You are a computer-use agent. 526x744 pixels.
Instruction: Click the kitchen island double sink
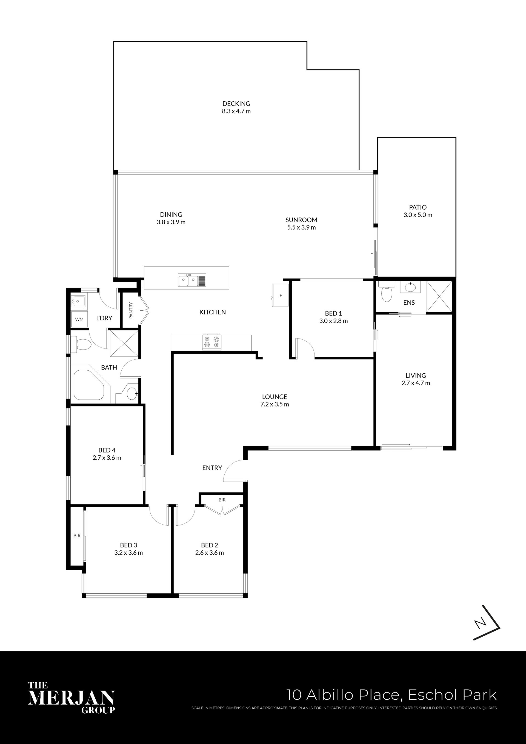tap(192, 280)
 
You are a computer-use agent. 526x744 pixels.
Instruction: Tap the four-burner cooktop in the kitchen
tap(211, 342)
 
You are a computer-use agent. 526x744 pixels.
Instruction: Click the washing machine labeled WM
tap(79, 319)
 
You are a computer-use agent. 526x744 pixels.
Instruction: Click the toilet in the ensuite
tap(387, 292)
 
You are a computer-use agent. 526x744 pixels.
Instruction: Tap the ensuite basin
tap(410, 287)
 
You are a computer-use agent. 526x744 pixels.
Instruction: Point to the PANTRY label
tap(131, 310)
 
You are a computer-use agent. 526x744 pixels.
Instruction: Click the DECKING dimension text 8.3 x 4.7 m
tap(236, 111)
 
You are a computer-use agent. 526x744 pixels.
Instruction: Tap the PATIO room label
tap(418, 207)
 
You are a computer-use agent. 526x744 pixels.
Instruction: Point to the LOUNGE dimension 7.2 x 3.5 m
tap(275, 404)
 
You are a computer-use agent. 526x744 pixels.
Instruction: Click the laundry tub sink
tap(78, 301)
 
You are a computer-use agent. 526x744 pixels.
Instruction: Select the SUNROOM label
tap(301, 220)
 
